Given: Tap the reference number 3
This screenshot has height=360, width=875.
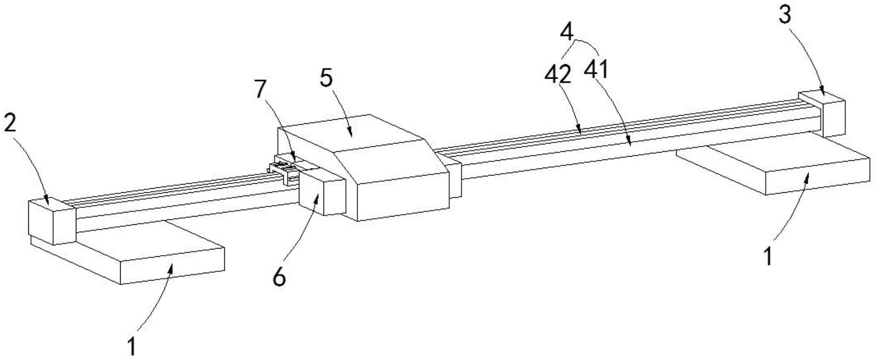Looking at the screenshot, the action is pos(784,16).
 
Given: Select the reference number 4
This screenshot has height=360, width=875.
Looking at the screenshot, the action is pos(567,32).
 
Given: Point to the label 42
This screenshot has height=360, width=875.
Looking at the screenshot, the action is pos(558,74).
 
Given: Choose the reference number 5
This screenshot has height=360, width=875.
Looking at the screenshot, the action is pos(326,78).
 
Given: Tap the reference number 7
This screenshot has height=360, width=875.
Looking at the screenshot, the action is pos(260,90).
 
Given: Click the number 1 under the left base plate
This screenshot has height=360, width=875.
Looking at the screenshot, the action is pos(131,346).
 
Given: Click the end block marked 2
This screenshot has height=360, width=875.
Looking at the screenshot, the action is pos(51,222).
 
